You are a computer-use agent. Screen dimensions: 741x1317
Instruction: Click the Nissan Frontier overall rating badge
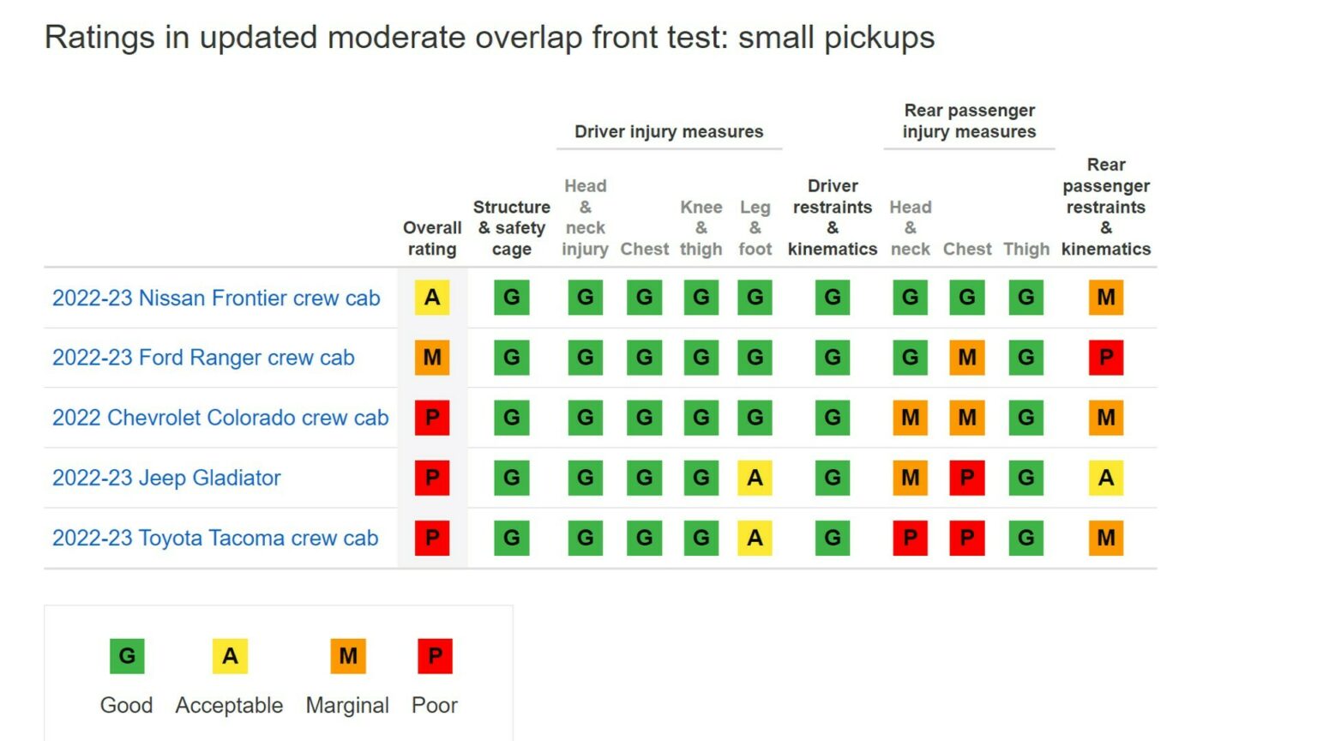(432, 298)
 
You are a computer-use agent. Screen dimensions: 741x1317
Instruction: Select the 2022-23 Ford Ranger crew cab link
(203, 358)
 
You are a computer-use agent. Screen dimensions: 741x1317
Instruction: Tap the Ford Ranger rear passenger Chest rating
(967, 358)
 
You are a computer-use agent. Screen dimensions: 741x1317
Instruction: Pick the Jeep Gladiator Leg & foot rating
(755, 478)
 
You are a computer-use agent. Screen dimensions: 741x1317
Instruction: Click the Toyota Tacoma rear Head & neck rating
(910, 538)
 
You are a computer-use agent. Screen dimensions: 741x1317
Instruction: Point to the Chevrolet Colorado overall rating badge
(432, 418)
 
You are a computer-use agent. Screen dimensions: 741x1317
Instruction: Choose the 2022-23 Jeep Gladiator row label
(166, 478)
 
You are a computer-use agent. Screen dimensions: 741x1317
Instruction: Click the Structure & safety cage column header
(512, 228)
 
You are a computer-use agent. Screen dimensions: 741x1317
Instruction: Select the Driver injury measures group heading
(669, 131)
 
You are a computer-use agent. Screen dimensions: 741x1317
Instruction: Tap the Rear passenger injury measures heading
(969, 121)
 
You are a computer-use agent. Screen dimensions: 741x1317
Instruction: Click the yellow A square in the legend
(230, 656)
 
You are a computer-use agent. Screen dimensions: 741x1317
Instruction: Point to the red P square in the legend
(435, 656)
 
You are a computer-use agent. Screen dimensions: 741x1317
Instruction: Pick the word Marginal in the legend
(347, 705)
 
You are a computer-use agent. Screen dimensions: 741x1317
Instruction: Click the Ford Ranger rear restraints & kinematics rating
(1106, 358)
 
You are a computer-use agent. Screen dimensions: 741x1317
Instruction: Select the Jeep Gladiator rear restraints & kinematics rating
(1106, 478)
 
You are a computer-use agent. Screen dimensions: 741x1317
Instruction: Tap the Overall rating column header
(432, 238)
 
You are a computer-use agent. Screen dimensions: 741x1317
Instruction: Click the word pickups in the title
(880, 38)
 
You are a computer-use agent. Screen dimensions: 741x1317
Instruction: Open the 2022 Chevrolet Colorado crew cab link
(220, 418)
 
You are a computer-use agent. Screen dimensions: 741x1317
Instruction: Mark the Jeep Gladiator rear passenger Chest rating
(967, 478)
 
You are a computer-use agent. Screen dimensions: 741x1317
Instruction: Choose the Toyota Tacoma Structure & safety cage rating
(512, 538)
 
